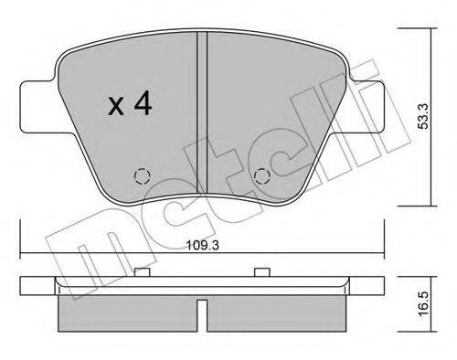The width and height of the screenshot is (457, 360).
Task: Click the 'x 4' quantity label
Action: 129,106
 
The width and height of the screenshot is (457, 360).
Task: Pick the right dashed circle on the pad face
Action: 261,176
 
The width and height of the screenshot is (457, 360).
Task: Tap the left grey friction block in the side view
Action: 128,316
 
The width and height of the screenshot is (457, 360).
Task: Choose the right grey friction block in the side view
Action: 279,316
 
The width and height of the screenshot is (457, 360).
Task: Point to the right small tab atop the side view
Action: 261,270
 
